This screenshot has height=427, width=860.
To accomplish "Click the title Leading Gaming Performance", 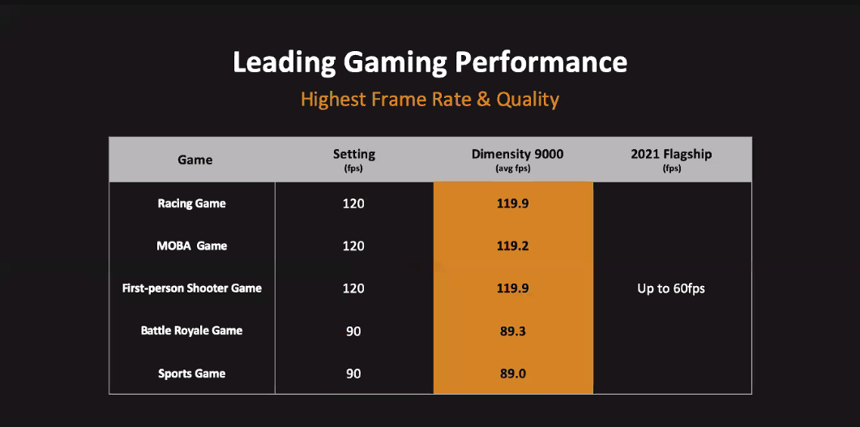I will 430,62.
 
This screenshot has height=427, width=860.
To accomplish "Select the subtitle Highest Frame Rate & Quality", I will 430,100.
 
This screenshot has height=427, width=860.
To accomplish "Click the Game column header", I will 195,160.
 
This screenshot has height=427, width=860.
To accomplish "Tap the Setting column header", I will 353,155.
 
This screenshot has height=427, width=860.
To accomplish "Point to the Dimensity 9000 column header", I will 512,155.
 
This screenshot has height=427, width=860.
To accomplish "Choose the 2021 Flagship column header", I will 671,155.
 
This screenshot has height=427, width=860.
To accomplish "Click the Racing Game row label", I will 191,203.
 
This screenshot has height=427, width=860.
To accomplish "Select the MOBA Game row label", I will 191,246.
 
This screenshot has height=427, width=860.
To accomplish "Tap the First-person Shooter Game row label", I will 191,288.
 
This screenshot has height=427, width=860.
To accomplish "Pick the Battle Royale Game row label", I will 191,331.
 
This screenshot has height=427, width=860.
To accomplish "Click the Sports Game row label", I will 191,374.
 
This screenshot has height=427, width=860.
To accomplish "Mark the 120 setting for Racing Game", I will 353,203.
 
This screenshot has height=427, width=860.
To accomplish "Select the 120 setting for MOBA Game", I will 353,246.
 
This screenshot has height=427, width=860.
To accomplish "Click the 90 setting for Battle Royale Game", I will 353,331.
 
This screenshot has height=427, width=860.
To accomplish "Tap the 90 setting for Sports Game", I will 353,374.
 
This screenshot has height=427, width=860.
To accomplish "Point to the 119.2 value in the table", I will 512,246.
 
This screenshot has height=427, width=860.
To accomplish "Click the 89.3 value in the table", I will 512,331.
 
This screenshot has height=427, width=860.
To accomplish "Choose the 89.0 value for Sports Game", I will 512,374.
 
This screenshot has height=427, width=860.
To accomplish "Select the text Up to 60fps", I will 671,288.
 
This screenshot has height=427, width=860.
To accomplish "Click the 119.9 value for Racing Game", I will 512,203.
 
